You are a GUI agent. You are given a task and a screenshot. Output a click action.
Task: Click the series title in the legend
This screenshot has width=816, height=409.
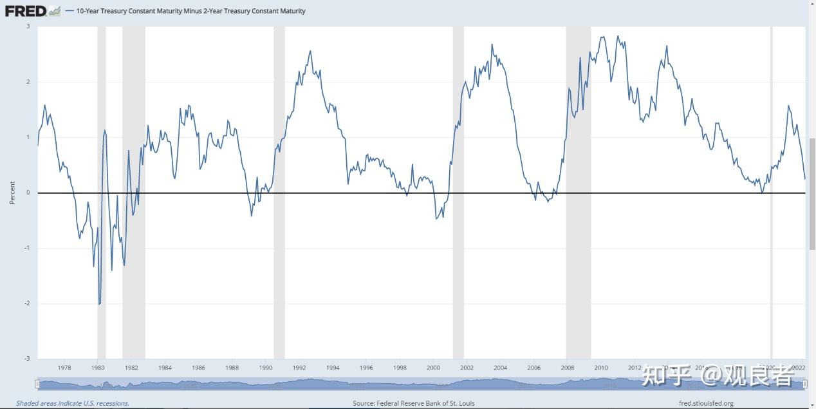(190, 11)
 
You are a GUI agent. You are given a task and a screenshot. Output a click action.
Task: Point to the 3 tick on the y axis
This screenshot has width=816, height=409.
(28, 26)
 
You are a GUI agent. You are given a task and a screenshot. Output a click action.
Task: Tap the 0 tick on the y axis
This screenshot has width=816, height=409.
(28, 193)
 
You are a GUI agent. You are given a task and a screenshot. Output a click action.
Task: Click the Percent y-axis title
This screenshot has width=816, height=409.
(12, 193)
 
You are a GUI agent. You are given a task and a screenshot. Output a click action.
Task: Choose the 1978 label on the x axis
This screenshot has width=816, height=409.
(64, 368)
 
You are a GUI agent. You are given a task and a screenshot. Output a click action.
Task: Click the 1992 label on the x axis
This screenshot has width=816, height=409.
(299, 368)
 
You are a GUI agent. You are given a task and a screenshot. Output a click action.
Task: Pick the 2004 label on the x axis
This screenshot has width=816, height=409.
(500, 368)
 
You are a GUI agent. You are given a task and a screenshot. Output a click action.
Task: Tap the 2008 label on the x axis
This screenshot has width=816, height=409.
(567, 368)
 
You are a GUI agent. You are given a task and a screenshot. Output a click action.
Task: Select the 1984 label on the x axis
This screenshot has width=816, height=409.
(165, 368)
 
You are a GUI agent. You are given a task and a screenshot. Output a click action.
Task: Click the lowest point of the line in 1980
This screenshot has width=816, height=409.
(99, 304)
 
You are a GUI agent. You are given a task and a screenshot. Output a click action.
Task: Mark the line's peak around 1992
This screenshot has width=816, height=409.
(310, 51)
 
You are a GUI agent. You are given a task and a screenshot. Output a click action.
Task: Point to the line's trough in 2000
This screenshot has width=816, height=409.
(436, 219)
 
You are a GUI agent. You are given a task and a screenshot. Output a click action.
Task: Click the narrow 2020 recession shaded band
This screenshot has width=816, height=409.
(771, 193)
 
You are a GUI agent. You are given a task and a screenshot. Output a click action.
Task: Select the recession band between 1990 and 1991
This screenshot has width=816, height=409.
(279, 193)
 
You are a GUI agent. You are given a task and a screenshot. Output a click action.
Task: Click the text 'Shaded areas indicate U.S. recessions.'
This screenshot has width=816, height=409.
(73, 403)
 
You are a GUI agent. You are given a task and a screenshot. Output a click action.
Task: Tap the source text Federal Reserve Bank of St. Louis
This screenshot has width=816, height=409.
(413, 403)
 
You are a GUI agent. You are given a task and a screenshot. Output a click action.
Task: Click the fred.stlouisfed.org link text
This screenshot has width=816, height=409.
(706, 403)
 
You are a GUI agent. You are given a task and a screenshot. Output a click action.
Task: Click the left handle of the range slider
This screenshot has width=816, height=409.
(37, 385)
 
